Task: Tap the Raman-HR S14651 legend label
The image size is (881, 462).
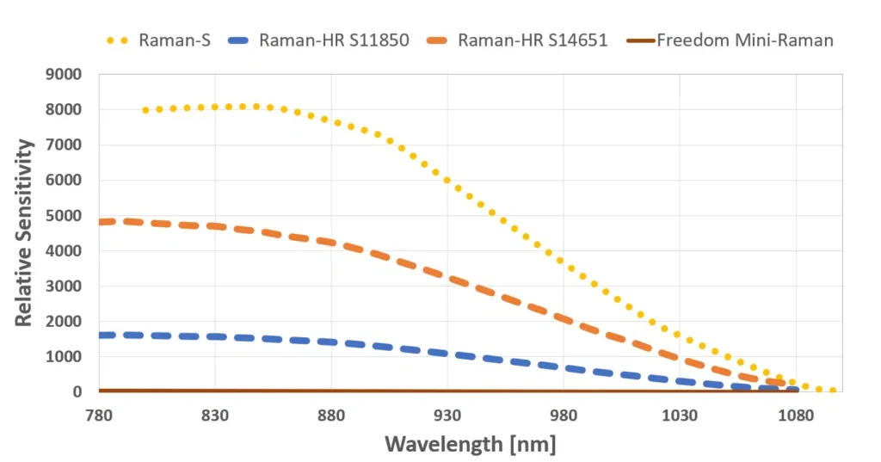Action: [x=533, y=40]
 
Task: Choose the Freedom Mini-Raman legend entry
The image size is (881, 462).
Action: [x=744, y=40]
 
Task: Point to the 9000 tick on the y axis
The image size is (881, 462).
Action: [x=64, y=75]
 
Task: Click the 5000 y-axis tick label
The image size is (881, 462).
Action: [x=64, y=216]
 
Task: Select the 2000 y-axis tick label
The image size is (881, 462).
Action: [x=64, y=322]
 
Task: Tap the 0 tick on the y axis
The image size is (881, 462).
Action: [x=77, y=392]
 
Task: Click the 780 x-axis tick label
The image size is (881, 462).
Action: [x=99, y=414]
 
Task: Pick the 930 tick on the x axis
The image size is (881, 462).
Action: [x=447, y=414]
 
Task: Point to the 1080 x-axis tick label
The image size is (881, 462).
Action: [x=796, y=414]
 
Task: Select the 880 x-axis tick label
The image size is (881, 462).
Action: [x=331, y=414]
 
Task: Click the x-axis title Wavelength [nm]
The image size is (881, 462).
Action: [x=470, y=444]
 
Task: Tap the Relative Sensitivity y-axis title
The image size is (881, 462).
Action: [x=24, y=232]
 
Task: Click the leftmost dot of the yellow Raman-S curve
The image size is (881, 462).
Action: [x=145, y=110]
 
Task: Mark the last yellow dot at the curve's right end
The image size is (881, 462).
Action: [x=833, y=391]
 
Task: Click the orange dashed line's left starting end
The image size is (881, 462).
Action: [x=102, y=222]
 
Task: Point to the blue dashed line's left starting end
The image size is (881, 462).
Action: [x=102, y=335]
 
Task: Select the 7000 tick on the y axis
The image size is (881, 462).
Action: [x=64, y=145]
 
